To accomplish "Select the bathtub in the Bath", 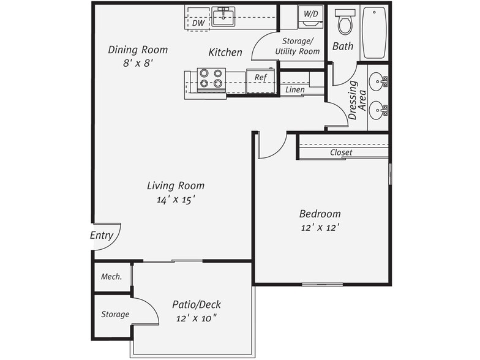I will pos(374,32).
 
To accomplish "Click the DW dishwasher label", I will pos(198,23).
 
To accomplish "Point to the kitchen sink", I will pos(223,17).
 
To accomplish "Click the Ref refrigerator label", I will pos(260,78).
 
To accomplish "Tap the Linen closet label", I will pos(295,90).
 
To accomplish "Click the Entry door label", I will pos(102,235).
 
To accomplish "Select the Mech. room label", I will pos(111,276).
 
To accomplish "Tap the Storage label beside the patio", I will pos(115,314).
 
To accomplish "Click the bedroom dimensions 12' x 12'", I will pos(320,227).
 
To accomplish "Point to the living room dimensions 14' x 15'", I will pos(176,200).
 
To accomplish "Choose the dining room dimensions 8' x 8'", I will pos(138,62).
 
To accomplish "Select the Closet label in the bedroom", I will pos(341,152).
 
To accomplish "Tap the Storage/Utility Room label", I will pos(298,47).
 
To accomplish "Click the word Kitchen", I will pos(225,53).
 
